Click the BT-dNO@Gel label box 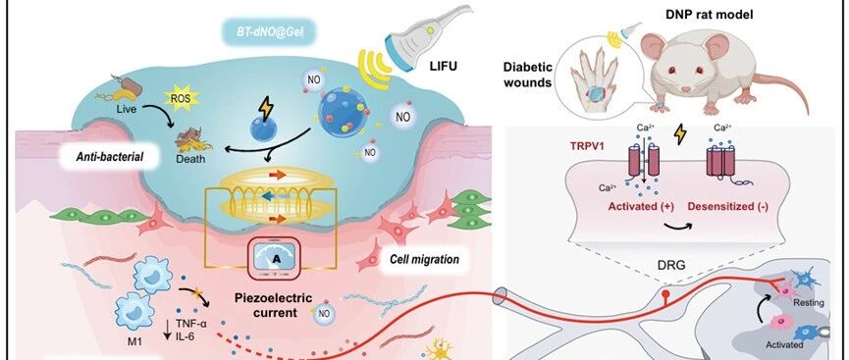[x=270, y=34]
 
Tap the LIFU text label [x=444, y=66]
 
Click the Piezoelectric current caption [x=274, y=305]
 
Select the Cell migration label [x=424, y=259]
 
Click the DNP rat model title [x=709, y=15]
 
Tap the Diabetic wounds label [x=528, y=76]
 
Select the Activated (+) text [x=641, y=206]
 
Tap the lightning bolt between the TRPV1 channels [x=679, y=134]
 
